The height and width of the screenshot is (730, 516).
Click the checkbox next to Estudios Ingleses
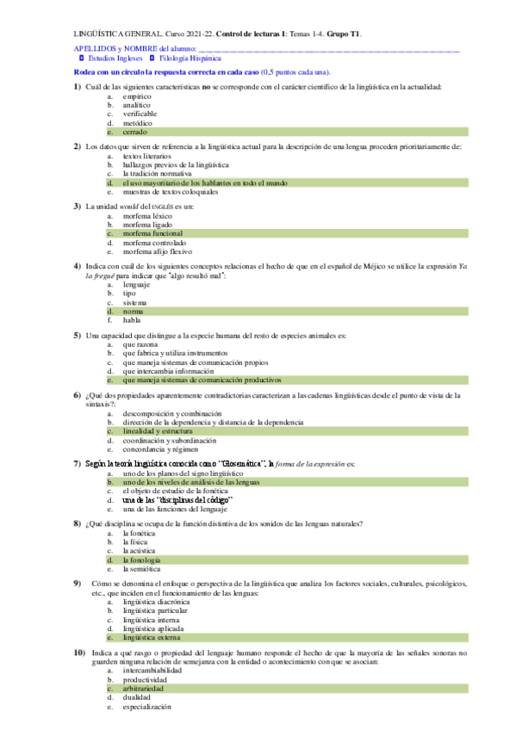tap(81, 59)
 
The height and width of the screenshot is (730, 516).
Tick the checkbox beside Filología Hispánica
tap(152, 59)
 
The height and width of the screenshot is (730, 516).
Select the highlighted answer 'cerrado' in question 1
tap(134, 133)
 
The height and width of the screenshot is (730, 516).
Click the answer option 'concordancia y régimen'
tap(165, 449)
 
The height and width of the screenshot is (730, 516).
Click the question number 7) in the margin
tap(78, 463)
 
